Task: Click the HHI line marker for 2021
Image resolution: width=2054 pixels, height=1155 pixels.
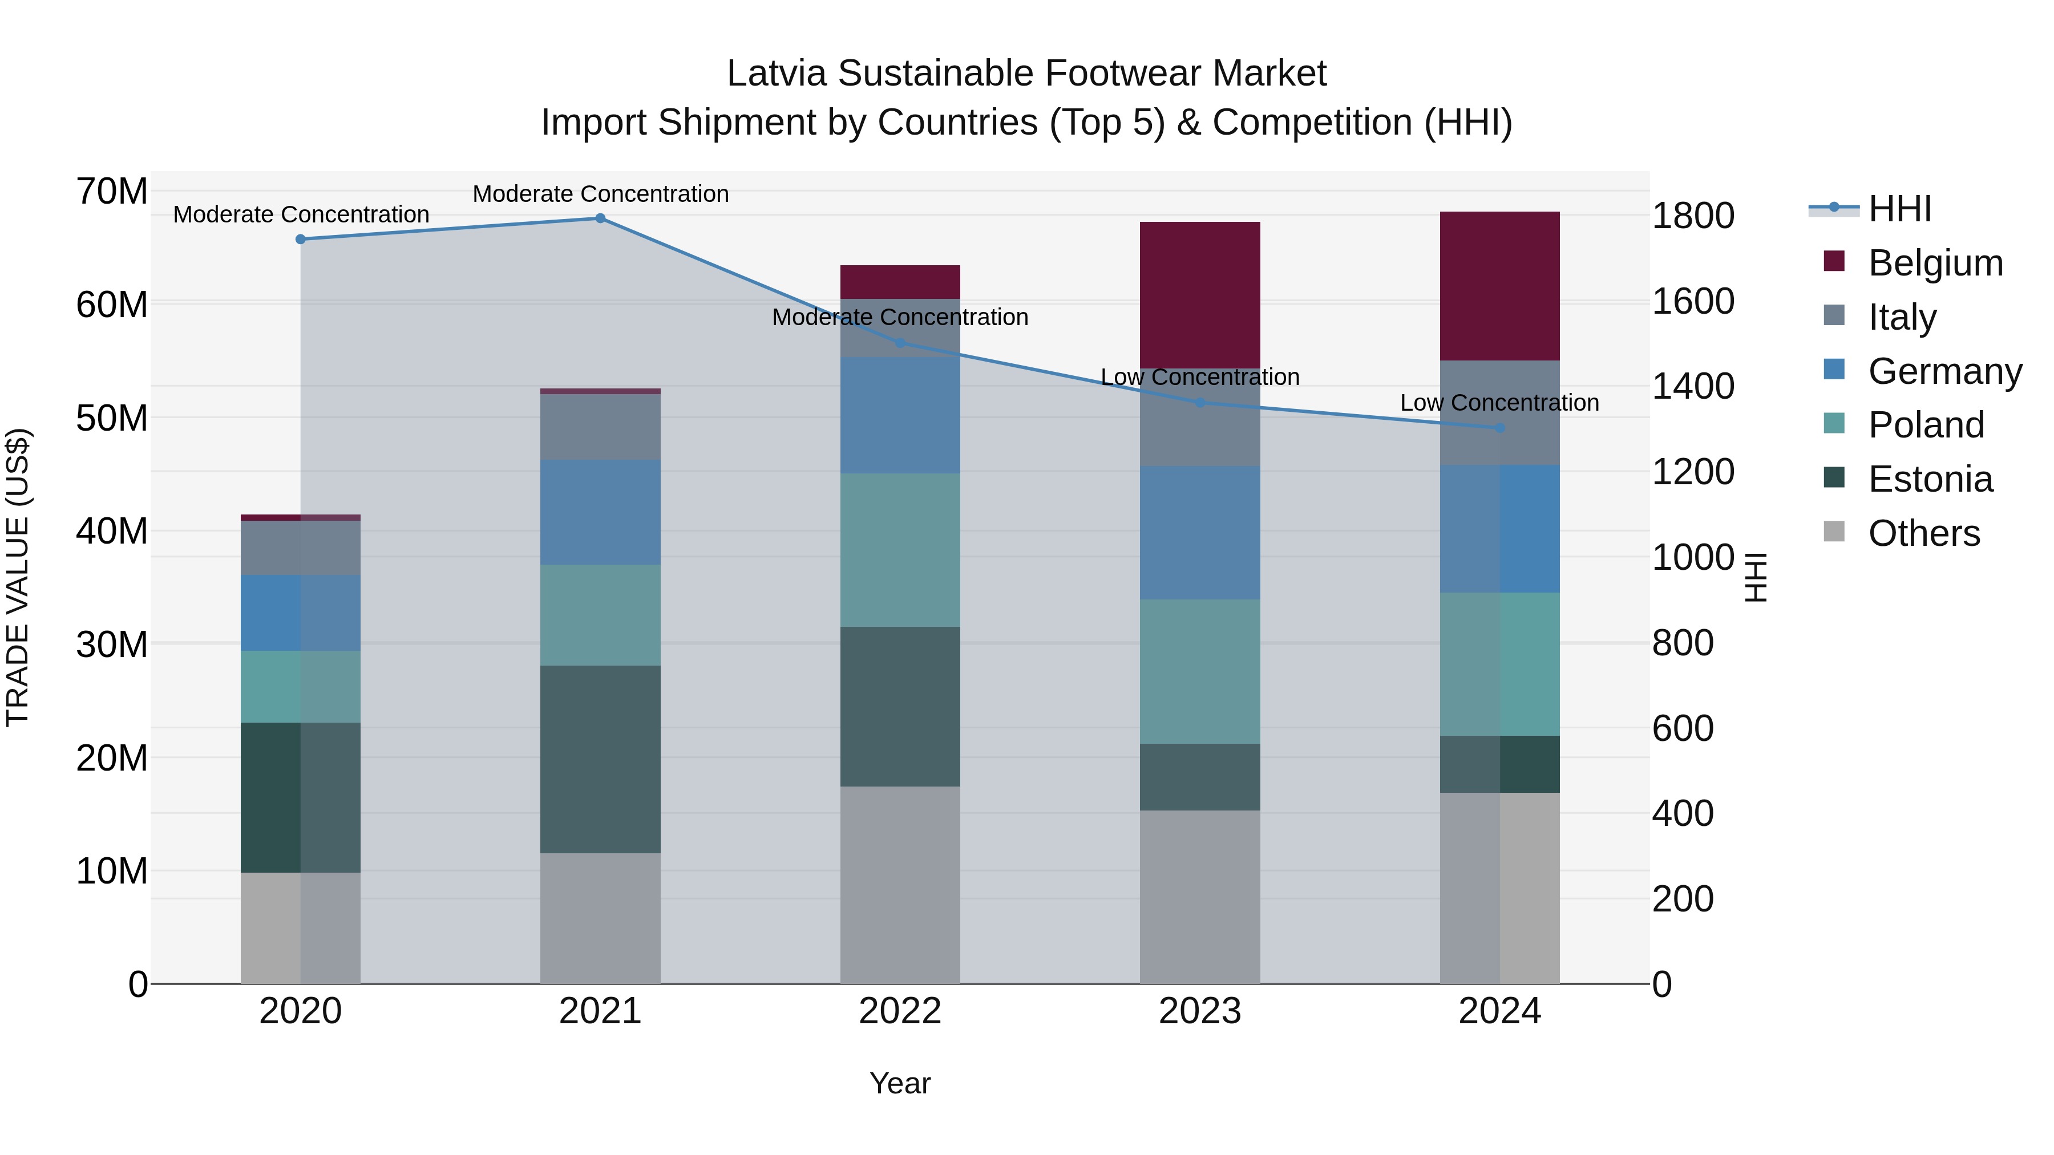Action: point(600,218)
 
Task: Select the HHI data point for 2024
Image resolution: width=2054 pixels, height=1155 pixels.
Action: point(1499,428)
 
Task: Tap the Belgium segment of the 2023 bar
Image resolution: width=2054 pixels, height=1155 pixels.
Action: point(1199,295)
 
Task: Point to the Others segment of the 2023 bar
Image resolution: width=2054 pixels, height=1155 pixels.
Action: point(1199,897)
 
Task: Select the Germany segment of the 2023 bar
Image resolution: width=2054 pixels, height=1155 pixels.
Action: point(1199,533)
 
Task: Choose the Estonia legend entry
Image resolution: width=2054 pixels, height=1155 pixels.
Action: point(1930,479)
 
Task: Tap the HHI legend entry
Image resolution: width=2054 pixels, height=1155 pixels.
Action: point(1899,209)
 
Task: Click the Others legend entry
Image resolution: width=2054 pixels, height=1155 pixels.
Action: point(1923,533)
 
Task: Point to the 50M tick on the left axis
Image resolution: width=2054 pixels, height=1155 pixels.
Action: point(112,418)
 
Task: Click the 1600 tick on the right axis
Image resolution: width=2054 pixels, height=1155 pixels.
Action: point(1692,301)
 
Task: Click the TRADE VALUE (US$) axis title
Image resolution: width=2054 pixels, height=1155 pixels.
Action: point(18,577)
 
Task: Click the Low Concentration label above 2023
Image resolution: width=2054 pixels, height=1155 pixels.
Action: point(1199,377)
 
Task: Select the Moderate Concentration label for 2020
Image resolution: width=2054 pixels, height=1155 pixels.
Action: point(301,214)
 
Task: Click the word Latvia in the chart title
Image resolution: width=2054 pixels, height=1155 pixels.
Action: point(776,74)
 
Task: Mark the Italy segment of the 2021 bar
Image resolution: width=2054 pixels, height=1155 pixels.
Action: point(600,427)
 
